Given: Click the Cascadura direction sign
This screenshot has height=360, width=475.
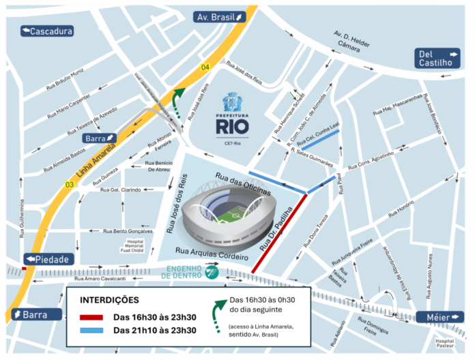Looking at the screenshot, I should point(47,31).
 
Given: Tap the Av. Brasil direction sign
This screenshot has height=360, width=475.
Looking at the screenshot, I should point(219,17).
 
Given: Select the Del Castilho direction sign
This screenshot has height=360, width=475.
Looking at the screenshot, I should point(438,59).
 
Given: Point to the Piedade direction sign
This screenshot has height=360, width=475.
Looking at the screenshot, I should point(47,259).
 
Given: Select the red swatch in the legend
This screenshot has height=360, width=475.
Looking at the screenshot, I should point(91,317).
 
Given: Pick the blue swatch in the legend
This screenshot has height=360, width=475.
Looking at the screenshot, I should point(91,331).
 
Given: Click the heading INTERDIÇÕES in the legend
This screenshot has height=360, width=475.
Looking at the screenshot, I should point(110,300).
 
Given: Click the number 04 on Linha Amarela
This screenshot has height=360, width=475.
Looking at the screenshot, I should point(204,66).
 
